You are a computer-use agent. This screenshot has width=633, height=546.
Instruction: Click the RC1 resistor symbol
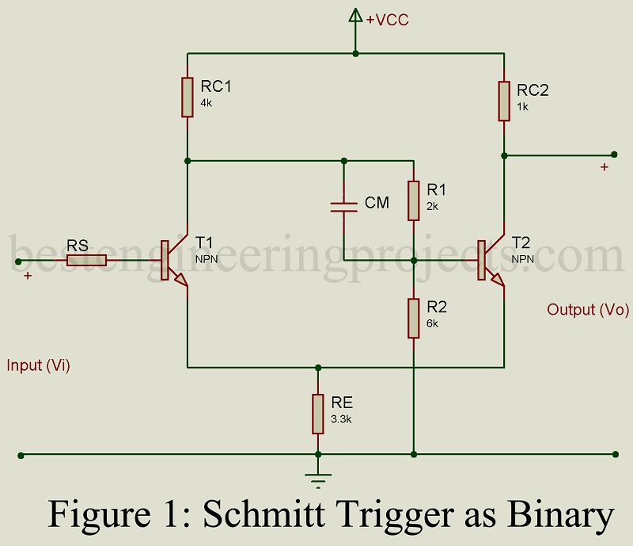(188, 97)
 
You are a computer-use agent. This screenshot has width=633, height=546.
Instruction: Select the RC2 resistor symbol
(504, 101)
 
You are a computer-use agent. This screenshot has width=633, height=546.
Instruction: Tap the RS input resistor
(85, 260)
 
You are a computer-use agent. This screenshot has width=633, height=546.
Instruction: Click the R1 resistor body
(413, 200)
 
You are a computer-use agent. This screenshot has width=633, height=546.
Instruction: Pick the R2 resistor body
(413, 318)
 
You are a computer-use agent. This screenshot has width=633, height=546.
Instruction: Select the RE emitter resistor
(318, 414)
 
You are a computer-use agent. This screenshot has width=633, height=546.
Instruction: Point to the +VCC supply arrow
(355, 17)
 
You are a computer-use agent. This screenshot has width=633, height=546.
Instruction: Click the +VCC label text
(387, 20)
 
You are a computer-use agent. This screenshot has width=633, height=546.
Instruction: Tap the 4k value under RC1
(207, 103)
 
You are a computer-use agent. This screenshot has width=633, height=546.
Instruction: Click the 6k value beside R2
(432, 323)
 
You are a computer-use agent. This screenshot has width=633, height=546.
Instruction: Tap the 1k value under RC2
(522, 106)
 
